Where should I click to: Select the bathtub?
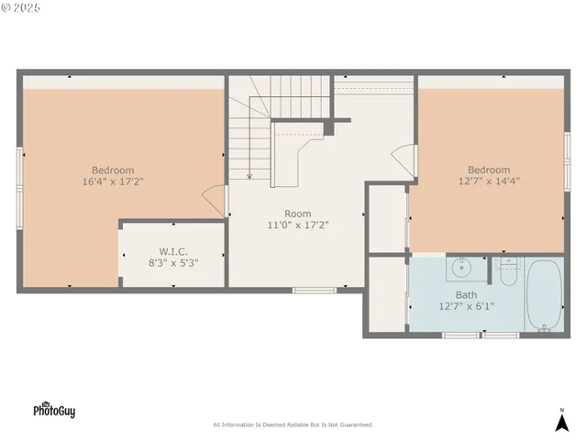click(x=544, y=294)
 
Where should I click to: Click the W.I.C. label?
click(x=173, y=250)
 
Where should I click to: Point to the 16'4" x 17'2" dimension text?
click(x=113, y=181)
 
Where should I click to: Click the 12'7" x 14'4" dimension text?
click(x=489, y=181)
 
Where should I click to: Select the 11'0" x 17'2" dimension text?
click(x=297, y=225)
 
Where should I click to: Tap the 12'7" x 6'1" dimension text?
click(x=466, y=307)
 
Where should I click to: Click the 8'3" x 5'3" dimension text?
click(x=173, y=262)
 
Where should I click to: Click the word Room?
click(x=297, y=213)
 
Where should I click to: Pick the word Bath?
click(x=466, y=295)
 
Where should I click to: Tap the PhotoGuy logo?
click(x=54, y=410)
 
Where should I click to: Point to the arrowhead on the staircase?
click(x=249, y=176)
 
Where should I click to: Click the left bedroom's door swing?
click(x=215, y=200)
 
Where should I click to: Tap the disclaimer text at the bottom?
click(x=293, y=424)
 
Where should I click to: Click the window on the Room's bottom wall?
click(x=315, y=291)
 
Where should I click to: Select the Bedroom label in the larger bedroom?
click(x=113, y=170)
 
